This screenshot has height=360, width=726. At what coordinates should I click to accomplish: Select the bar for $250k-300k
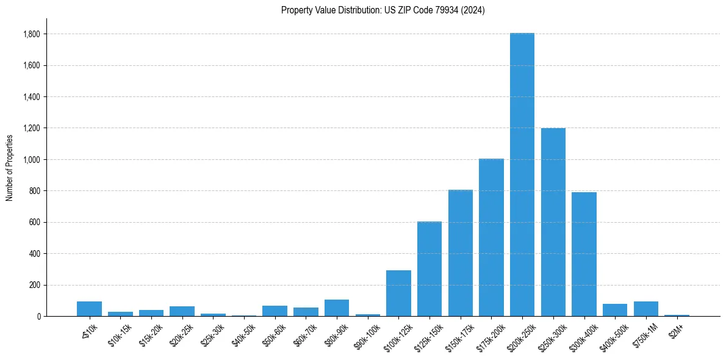(553, 222)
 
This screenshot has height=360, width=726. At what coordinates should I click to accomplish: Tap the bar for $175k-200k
(491, 237)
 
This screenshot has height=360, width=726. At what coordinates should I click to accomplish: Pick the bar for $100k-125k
(398, 293)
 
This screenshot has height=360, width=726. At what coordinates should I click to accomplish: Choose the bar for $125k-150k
(429, 269)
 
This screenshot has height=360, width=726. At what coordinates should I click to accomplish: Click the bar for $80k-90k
(337, 308)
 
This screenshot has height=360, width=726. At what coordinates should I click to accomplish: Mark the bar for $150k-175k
(460, 253)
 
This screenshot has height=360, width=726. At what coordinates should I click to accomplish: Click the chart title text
(383, 10)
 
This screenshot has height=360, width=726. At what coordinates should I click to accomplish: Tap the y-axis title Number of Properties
(10, 168)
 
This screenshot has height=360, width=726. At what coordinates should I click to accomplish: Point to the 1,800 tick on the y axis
(31, 34)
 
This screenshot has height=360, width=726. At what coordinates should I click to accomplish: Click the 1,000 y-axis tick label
(31, 160)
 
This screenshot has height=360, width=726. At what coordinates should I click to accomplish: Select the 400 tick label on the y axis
(35, 254)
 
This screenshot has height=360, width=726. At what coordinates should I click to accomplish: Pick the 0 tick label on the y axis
(38, 317)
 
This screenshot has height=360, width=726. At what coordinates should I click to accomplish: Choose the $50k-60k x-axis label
(273, 333)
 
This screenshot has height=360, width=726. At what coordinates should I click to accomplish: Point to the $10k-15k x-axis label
(118, 333)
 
